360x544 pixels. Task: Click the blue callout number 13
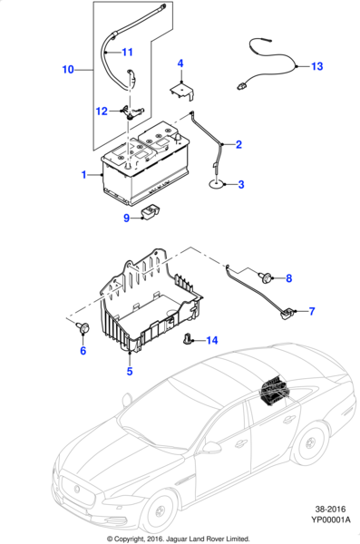(317, 66)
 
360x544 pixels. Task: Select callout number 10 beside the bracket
(68, 70)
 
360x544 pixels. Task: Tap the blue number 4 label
(180, 63)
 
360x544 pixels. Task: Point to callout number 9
(127, 218)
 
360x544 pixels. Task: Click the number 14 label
(212, 340)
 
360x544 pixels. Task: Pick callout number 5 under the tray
(130, 371)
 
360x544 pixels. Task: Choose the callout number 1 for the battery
(83, 174)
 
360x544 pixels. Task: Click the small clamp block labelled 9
(151, 211)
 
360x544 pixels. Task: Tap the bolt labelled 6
(83, 327)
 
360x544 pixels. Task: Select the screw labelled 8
(267, 277)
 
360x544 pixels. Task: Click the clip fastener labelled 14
(188, 338)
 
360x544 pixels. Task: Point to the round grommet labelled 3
(217, 185)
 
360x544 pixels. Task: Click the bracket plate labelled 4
(182, 91)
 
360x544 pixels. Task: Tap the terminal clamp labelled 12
(131, 113)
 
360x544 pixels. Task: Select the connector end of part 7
(287, 315)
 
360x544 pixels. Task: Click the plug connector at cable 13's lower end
(242, 86)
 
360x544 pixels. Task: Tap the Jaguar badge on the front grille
(77, 489)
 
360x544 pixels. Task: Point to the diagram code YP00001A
(330, 520)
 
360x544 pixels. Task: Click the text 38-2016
(330, 510)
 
